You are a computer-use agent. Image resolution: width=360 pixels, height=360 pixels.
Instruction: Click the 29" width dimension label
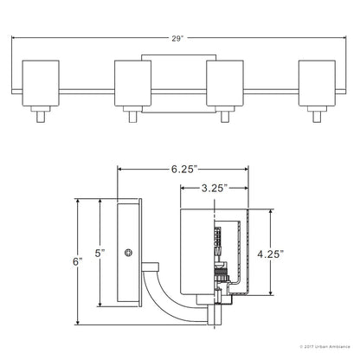(177, 39)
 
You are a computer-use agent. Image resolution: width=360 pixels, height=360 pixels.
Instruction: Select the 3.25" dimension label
(213, 189)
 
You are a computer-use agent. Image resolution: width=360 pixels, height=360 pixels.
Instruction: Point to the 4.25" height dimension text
(271, 254)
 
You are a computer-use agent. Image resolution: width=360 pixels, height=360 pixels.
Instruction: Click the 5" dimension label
(100, 254)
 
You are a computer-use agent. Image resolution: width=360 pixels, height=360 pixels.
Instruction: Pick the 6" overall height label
(78, 262)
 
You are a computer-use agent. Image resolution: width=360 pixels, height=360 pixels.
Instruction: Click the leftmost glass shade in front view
(41, 83)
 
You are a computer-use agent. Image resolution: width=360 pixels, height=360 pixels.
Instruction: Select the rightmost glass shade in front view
(317, 83)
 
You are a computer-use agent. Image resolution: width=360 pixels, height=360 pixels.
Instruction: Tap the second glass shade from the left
(132, 83)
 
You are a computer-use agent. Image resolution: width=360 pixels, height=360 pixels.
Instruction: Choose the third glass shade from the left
(225, 83)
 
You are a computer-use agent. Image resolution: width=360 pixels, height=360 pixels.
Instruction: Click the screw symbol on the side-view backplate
(128, 253)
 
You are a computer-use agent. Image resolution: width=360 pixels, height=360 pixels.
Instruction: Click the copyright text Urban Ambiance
(325, 347)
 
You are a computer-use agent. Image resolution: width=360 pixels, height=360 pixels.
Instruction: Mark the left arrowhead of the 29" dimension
(14, 37)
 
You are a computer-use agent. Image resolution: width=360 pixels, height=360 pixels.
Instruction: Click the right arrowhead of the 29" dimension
(344, 37)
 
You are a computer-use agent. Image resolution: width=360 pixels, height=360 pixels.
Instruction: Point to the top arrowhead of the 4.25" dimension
(271, 212)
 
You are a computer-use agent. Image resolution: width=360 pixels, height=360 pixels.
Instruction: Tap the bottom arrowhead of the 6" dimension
(78, 322)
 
